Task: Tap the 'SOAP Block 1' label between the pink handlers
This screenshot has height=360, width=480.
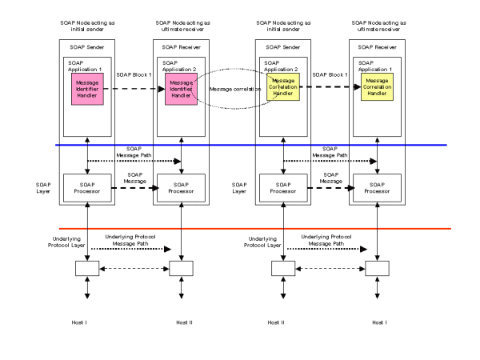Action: tap(134, 74)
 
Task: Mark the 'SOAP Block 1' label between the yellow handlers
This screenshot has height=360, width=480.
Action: tap(329, 74)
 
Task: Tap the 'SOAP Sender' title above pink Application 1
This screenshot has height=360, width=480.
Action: tap(86, 46)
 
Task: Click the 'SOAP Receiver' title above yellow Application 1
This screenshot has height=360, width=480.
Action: tap(377, 46)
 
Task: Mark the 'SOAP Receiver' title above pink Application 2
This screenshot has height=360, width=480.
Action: tap(182, 46)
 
